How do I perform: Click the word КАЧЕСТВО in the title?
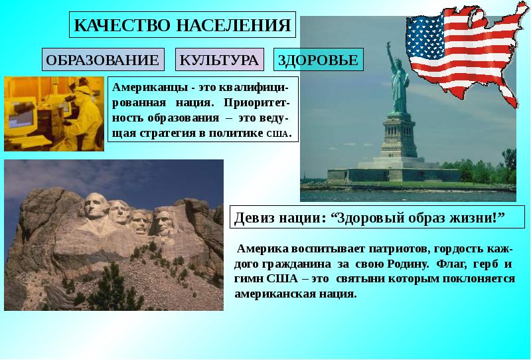[122, 25]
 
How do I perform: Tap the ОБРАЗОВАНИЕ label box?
[103, 60]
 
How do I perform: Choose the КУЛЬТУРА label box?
[220, 60]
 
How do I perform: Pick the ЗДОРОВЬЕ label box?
[319, 60]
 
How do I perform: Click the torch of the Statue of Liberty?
[388, 45]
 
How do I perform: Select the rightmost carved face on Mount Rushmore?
[163, 223]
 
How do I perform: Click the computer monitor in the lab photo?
[21, 116]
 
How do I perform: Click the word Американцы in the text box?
[150, 88]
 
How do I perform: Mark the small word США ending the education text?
[277, 134]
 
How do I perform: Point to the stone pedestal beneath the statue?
[399, 137]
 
